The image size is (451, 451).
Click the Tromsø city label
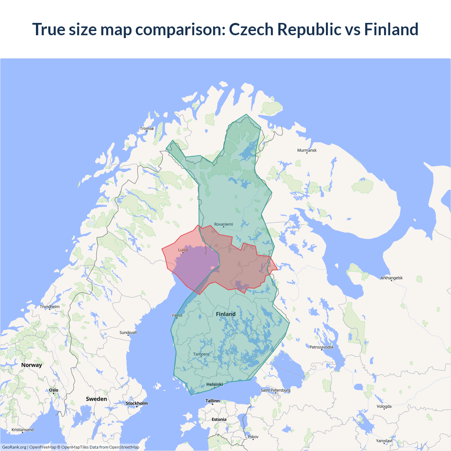coord(147,129)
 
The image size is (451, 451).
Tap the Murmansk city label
coord(307,150)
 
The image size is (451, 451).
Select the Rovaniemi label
coord(223,224)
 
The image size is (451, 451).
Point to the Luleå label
coord(183,250)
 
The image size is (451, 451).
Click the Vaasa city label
coord(177,315)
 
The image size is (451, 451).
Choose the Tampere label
coord(201,354)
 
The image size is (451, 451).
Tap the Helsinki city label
coord(215,385)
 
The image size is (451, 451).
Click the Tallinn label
coord(212,401)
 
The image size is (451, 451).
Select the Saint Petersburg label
coord(276,390)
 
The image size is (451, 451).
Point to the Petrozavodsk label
coord(321,347)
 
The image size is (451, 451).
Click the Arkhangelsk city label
coord(391,278)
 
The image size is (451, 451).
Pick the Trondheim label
coord(50,307)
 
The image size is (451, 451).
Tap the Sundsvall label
coord(128,333)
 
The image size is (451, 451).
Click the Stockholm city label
coord(137,403)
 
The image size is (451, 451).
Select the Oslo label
coord(54,390)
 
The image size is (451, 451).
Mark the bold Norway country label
coord(31,365)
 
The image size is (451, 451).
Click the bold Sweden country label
coord(96,399)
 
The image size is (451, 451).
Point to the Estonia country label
coord(219,420)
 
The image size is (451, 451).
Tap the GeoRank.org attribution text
coord(14,447)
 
